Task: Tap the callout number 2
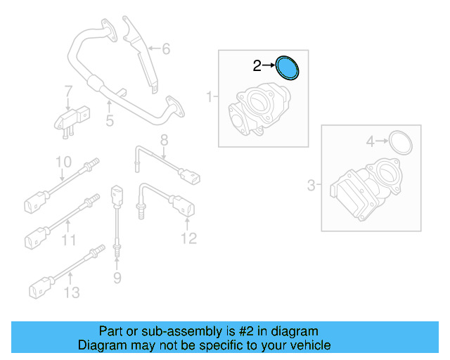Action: (257, 66)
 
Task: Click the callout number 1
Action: (208, 96)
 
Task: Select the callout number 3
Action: (311, 186)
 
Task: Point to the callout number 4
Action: (371, 142)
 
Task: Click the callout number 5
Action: (110, 122)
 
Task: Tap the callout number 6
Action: (166, 49)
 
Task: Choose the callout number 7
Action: (68, 91)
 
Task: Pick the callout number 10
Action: (63, 162)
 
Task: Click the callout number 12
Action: (188, 238)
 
